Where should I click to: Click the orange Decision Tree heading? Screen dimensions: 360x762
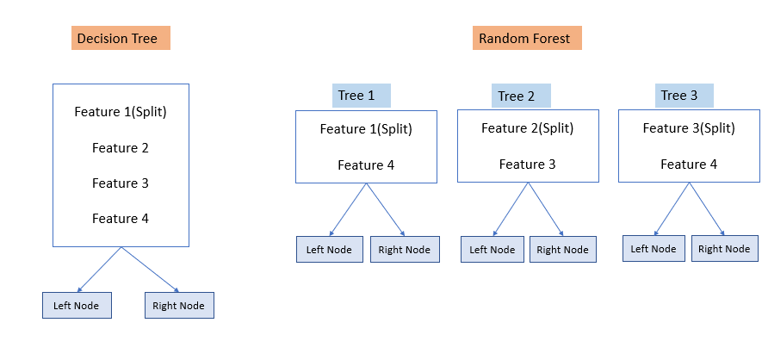121,39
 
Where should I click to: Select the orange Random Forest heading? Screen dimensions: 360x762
527,39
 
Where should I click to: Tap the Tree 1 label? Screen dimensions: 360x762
361,96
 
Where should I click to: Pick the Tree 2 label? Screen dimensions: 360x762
521,96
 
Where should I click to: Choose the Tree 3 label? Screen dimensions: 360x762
684,95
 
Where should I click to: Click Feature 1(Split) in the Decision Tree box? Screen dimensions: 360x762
121,112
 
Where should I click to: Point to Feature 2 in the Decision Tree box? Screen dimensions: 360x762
121,147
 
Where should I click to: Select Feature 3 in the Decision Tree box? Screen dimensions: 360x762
121,183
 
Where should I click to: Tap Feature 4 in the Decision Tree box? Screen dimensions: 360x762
121,218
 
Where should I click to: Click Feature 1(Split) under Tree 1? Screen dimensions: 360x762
366,129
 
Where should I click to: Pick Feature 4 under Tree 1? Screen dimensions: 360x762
366,164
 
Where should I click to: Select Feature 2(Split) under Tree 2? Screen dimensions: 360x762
528,128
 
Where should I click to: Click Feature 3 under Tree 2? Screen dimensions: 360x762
528,164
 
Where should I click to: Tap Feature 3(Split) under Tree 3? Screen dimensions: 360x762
689,128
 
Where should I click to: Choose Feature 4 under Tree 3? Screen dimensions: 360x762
689,164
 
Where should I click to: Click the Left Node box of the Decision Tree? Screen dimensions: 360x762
77,305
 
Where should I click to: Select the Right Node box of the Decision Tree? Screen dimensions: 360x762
179,305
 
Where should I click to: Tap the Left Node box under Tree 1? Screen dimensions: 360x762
330,249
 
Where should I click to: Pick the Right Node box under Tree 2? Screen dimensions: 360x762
563,250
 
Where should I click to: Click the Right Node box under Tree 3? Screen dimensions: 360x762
724,248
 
